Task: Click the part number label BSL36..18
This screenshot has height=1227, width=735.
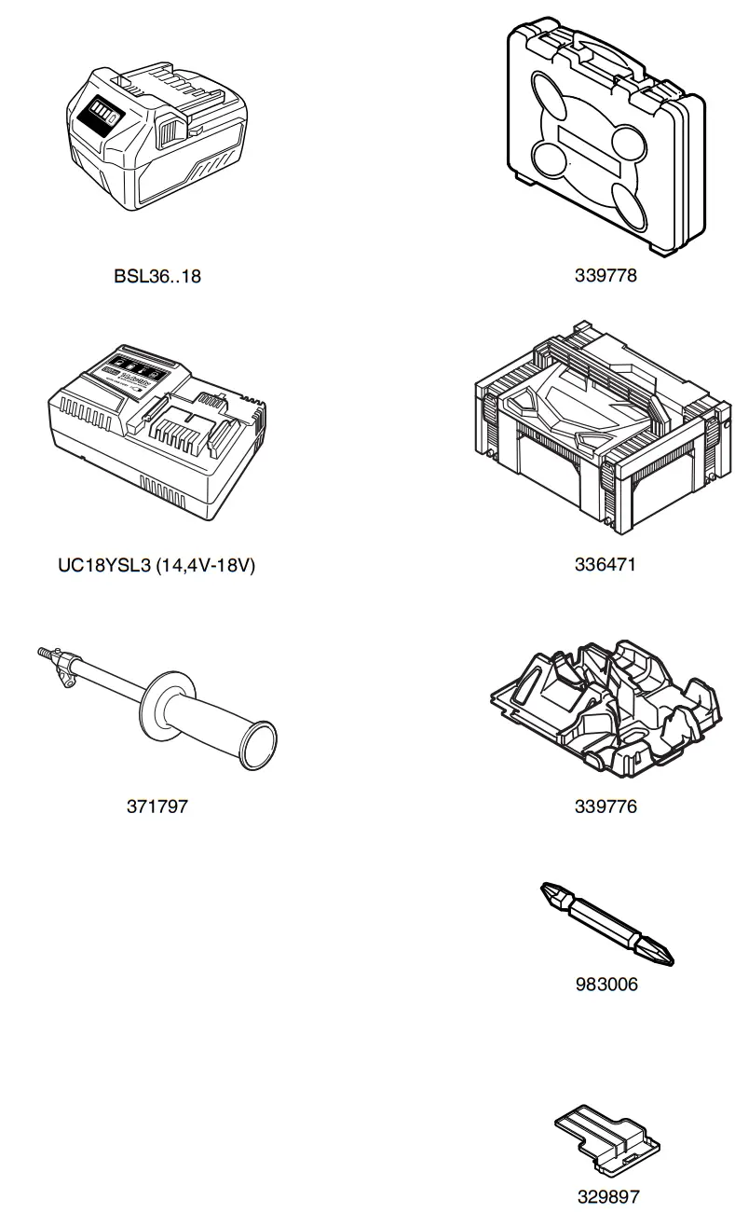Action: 157,276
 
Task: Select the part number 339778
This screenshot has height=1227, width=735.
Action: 606,276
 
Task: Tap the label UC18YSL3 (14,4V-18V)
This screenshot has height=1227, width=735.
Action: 157,565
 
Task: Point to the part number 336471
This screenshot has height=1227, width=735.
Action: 606,564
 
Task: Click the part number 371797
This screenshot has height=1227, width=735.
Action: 157,807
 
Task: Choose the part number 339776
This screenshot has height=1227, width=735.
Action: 606,807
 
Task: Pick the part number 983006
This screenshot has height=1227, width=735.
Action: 606,985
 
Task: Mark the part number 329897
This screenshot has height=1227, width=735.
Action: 607,1196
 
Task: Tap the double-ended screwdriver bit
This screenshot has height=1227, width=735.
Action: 606,923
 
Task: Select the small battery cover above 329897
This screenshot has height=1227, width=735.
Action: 607,1139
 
